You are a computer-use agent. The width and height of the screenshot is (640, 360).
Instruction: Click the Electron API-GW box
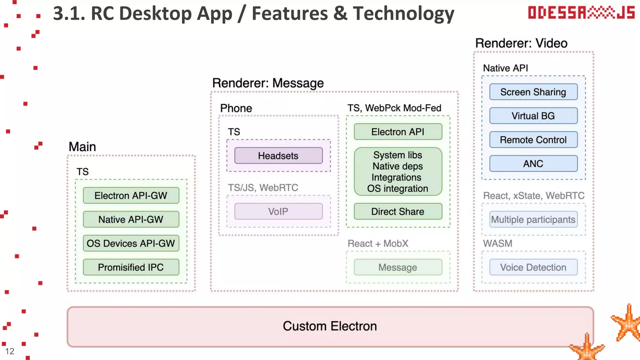click(x=131, y=196)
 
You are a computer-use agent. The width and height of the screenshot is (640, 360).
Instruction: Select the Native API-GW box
click(x=131, y=219)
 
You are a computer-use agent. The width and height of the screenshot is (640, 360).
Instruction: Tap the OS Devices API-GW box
click(x=131, y=243)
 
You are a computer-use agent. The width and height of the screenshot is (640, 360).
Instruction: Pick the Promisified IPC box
click(x=131, y=267)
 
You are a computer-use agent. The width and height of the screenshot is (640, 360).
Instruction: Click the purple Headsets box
click(x=278, y=156)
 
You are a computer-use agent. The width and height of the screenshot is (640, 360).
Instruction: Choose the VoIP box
click(x=278, y=212)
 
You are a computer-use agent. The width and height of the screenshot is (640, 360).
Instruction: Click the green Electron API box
click(x=398, y=132)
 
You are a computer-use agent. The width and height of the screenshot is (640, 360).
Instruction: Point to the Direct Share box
click(x=398, y=212)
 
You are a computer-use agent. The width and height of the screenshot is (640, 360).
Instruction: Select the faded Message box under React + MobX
click(x=398, y=267)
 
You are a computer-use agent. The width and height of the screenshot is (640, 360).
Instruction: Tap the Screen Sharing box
click(x=533, y=92)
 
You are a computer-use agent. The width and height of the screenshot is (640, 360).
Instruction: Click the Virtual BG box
click(x=533, y=116)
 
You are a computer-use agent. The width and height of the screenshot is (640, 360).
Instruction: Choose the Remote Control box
click(x=533, y=140)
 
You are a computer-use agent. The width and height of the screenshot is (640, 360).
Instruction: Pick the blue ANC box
click(x=533, y=164)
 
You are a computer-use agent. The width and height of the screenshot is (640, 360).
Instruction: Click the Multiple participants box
click(x=533, y=220)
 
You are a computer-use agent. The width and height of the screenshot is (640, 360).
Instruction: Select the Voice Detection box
click(x=533, y=267)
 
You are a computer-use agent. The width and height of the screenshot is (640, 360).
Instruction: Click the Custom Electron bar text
click(x=330, y=326)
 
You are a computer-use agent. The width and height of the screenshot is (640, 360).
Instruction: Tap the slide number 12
click(x=10, y=351)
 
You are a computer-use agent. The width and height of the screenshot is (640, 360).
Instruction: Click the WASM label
click(x=498, y=243)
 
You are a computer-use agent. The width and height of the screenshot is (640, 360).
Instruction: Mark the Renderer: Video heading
click(x=521, y=43)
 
